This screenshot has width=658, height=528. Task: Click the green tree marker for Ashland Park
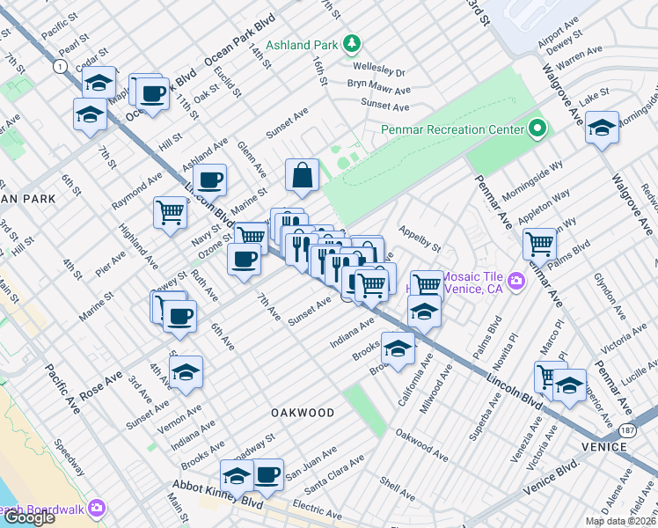(x=352, y=42)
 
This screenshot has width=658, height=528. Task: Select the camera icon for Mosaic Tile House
(x=516, y=280)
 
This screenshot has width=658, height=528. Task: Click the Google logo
(x=28, y=518)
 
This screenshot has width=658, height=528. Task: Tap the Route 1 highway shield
(x=59, y=67)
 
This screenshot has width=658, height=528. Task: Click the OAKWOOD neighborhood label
(x=302, y=413)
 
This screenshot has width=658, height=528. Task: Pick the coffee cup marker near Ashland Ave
(x=209, y=180)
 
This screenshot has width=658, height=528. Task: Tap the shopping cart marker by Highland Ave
(x=170, y=212)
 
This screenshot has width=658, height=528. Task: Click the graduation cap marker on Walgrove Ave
(x=602, y=128)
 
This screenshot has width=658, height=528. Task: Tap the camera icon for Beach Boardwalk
(x=96, y=508)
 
